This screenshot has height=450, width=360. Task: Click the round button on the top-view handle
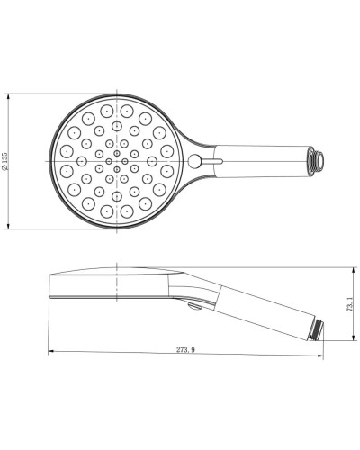(x=198, y=161)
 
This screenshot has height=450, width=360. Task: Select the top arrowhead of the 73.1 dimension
(x=343, y=267)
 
